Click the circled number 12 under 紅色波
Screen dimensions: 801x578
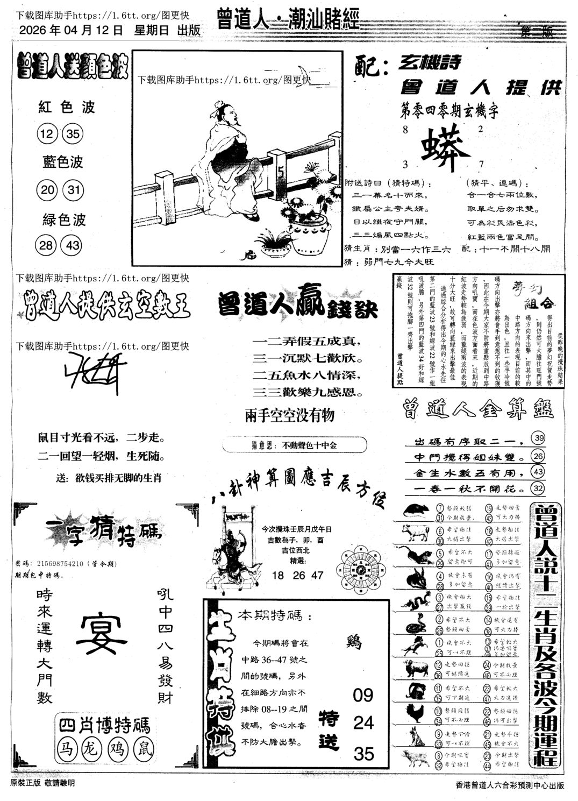pos(48,133)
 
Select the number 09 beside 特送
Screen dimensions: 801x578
pos(362,695)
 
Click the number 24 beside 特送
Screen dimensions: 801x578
pos(362,722)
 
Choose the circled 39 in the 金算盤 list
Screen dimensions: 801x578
pos(537,438)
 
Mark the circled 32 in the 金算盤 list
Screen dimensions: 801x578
pos(537,488)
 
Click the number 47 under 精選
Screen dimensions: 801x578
pos(317,575)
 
